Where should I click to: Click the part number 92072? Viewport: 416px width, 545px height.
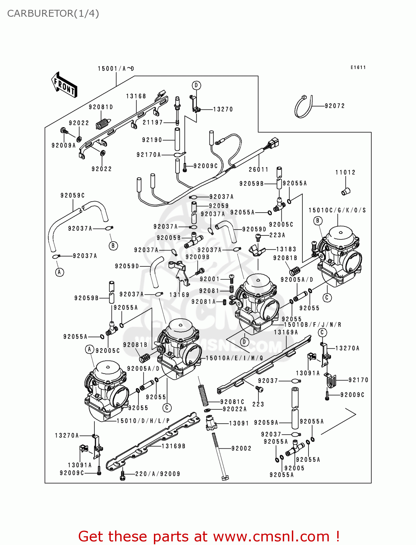pyautogui.click(x=335, y=106)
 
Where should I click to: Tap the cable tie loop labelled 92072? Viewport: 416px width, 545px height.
pyautogui.click(x=303, y=107)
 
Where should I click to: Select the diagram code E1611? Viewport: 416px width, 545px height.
pyautogui.click(x=358, y=67)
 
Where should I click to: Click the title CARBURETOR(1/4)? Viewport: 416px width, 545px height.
pyautogui.click(x=53, y=13)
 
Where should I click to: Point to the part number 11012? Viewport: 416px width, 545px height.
pyautogui.click(x=345, y=172)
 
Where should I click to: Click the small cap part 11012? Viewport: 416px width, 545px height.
pyautogui.click(x=346, y=191)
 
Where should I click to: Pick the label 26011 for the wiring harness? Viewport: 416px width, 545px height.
pyautogui.click(x=258, y=169)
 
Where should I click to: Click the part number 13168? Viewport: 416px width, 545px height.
pyautogui.click(x=136, y=96)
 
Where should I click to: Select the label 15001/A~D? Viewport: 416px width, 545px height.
pyautogui.click(x=116, y=68)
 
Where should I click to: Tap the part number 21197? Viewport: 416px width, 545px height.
pyautogui.click(x=153, y=122)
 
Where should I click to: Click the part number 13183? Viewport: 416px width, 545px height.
pyautogui.click(x=286, y=249)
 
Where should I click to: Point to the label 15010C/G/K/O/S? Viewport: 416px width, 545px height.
pyautogui.click(x=337, y=210)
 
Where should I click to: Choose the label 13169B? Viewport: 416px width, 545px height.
pyautogui.click(x=173, y=446)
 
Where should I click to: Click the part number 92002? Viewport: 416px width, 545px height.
pyautogui.click(x=241, y=448)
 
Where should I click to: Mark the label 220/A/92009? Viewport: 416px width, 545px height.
pyautogui.click(x=158, y=474)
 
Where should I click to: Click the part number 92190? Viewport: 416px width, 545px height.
pyautogui.click(x=152, y=140)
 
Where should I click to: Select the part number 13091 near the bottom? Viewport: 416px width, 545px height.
pyautogui.click(x=239, y=423)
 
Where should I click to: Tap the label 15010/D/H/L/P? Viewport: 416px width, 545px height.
pyautogui.click(x=143, y=421)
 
